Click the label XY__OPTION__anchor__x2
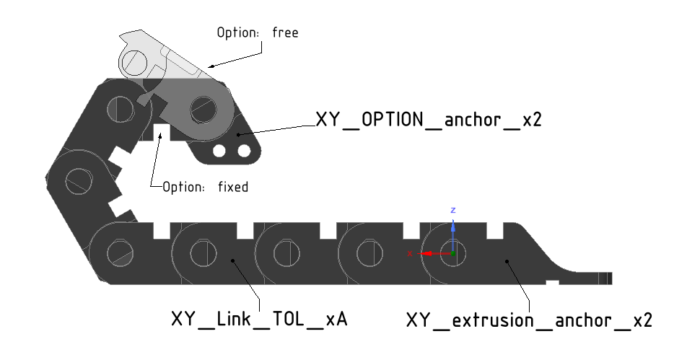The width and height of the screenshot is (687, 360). click(x=429, y=120)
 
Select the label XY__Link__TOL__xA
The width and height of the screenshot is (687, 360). click(x=259, y=319)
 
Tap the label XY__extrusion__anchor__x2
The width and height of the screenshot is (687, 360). click(x=529, y=320)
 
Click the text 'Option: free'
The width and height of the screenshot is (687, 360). click(x=257, y=32)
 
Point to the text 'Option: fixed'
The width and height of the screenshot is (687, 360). click(x=205, y=187)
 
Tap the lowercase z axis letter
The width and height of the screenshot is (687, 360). click(x=452, y=210)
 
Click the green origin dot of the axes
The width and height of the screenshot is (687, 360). click(x=452, y=254)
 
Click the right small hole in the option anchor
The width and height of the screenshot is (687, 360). click(x=244, y=150)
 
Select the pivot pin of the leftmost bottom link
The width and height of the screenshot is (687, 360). click(x=121, y=253)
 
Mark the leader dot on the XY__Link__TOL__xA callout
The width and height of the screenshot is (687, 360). click(x=233, y=259)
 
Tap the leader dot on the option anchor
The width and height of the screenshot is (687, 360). click(x=239, y=133)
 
